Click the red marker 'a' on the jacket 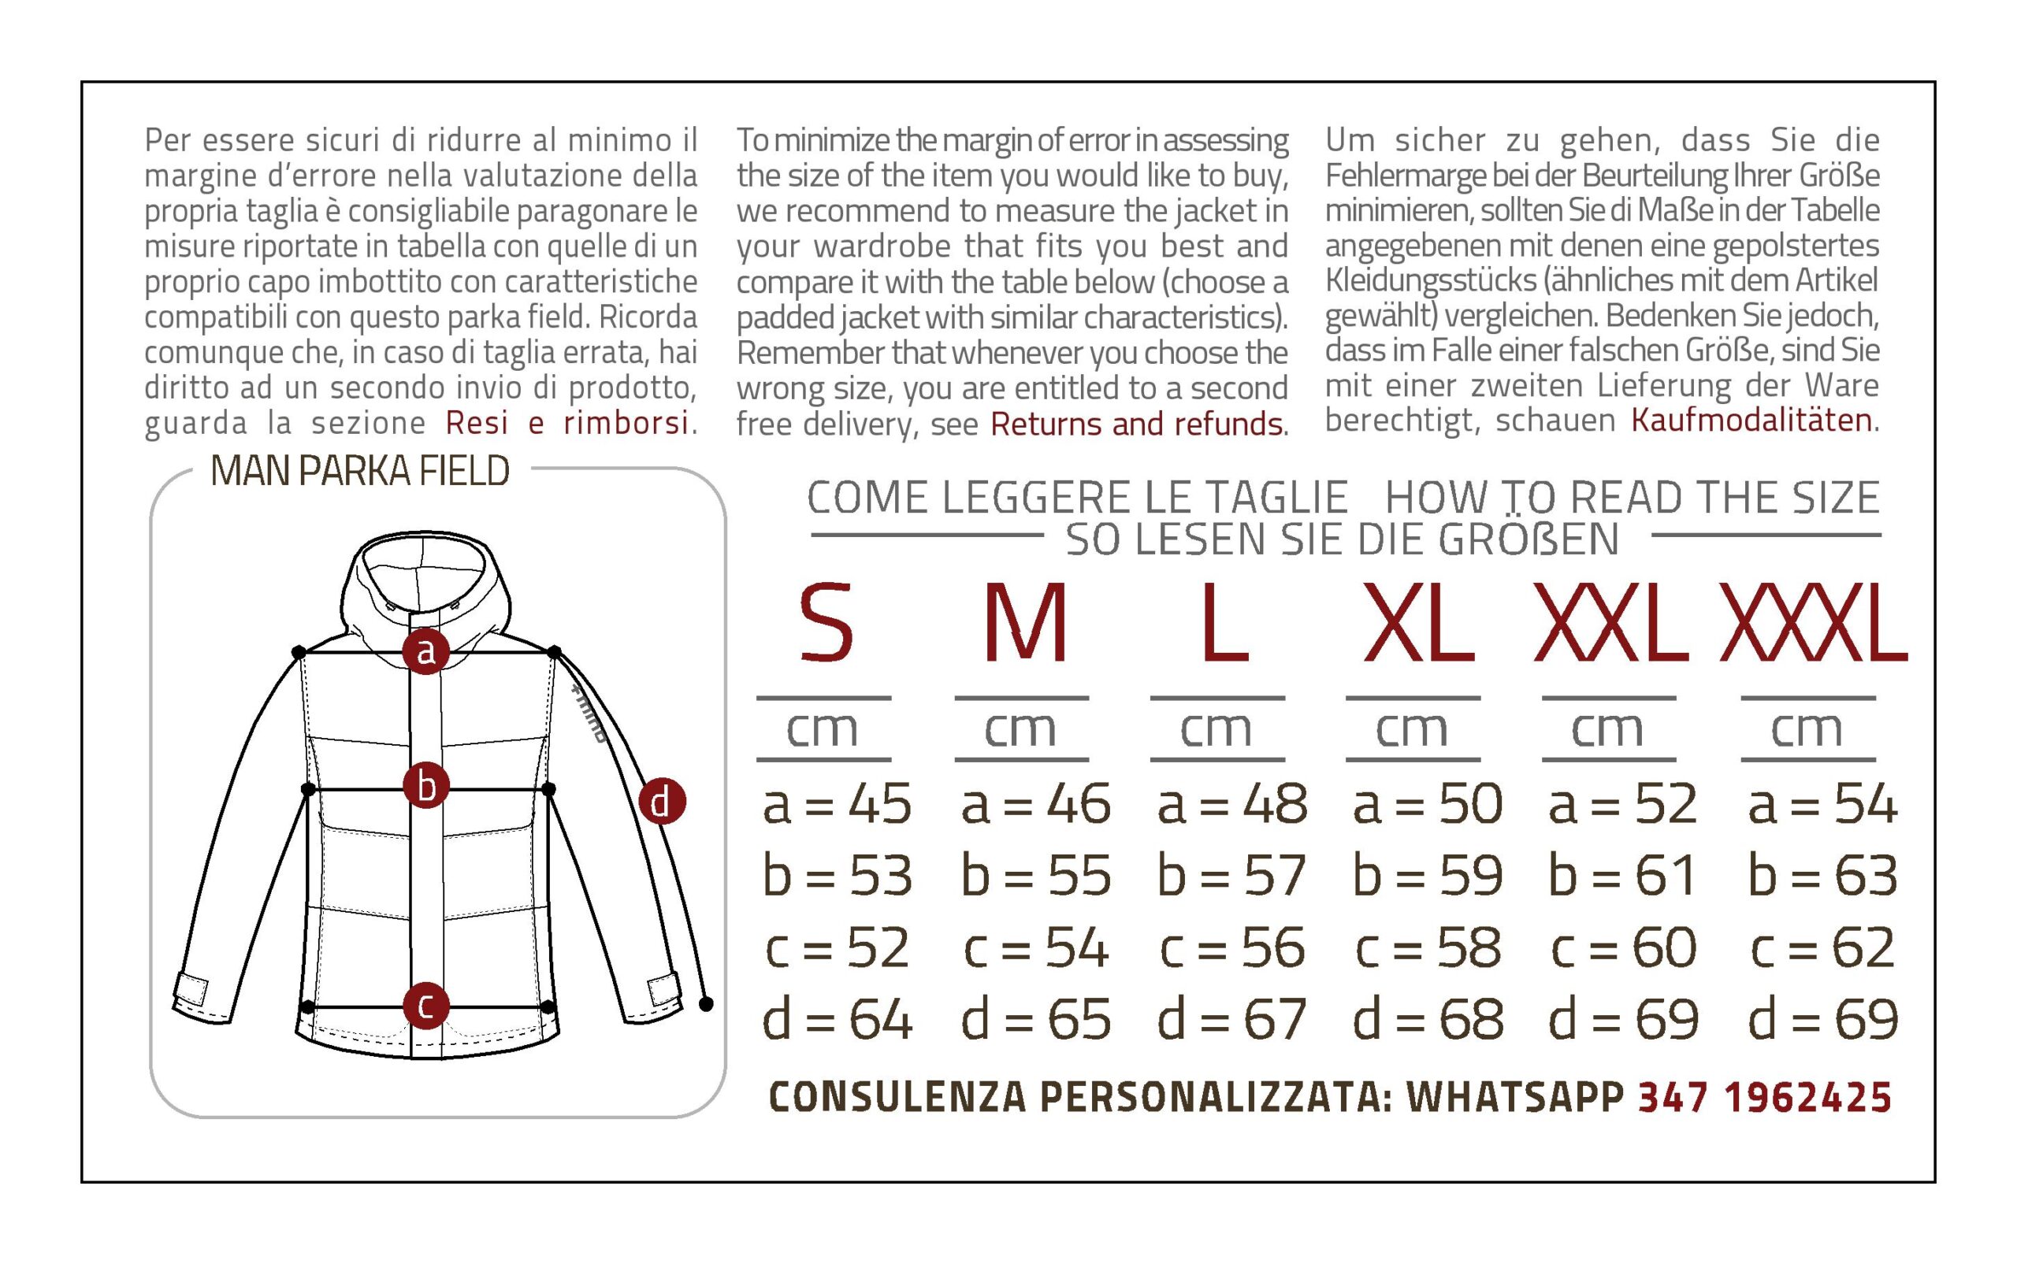[x=426, y=651]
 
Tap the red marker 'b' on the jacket [x=426, y=786]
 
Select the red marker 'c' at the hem [x=426, y=1006]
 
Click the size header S [x=826, y=622]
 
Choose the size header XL [x=1419, y=622]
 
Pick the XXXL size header [x=1813, y=622]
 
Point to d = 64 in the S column [x=836, y=1019]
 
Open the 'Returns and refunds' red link [x=1136, y=424]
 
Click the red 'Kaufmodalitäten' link [x=1751, y=420]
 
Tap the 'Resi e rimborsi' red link [x=567, y=423]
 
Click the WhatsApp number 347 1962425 [x=1764, y=1098]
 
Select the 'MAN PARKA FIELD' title [x=360, y=471]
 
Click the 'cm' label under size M [x=1020, y=729]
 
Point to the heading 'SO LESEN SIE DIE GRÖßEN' [x=1342, y=539]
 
